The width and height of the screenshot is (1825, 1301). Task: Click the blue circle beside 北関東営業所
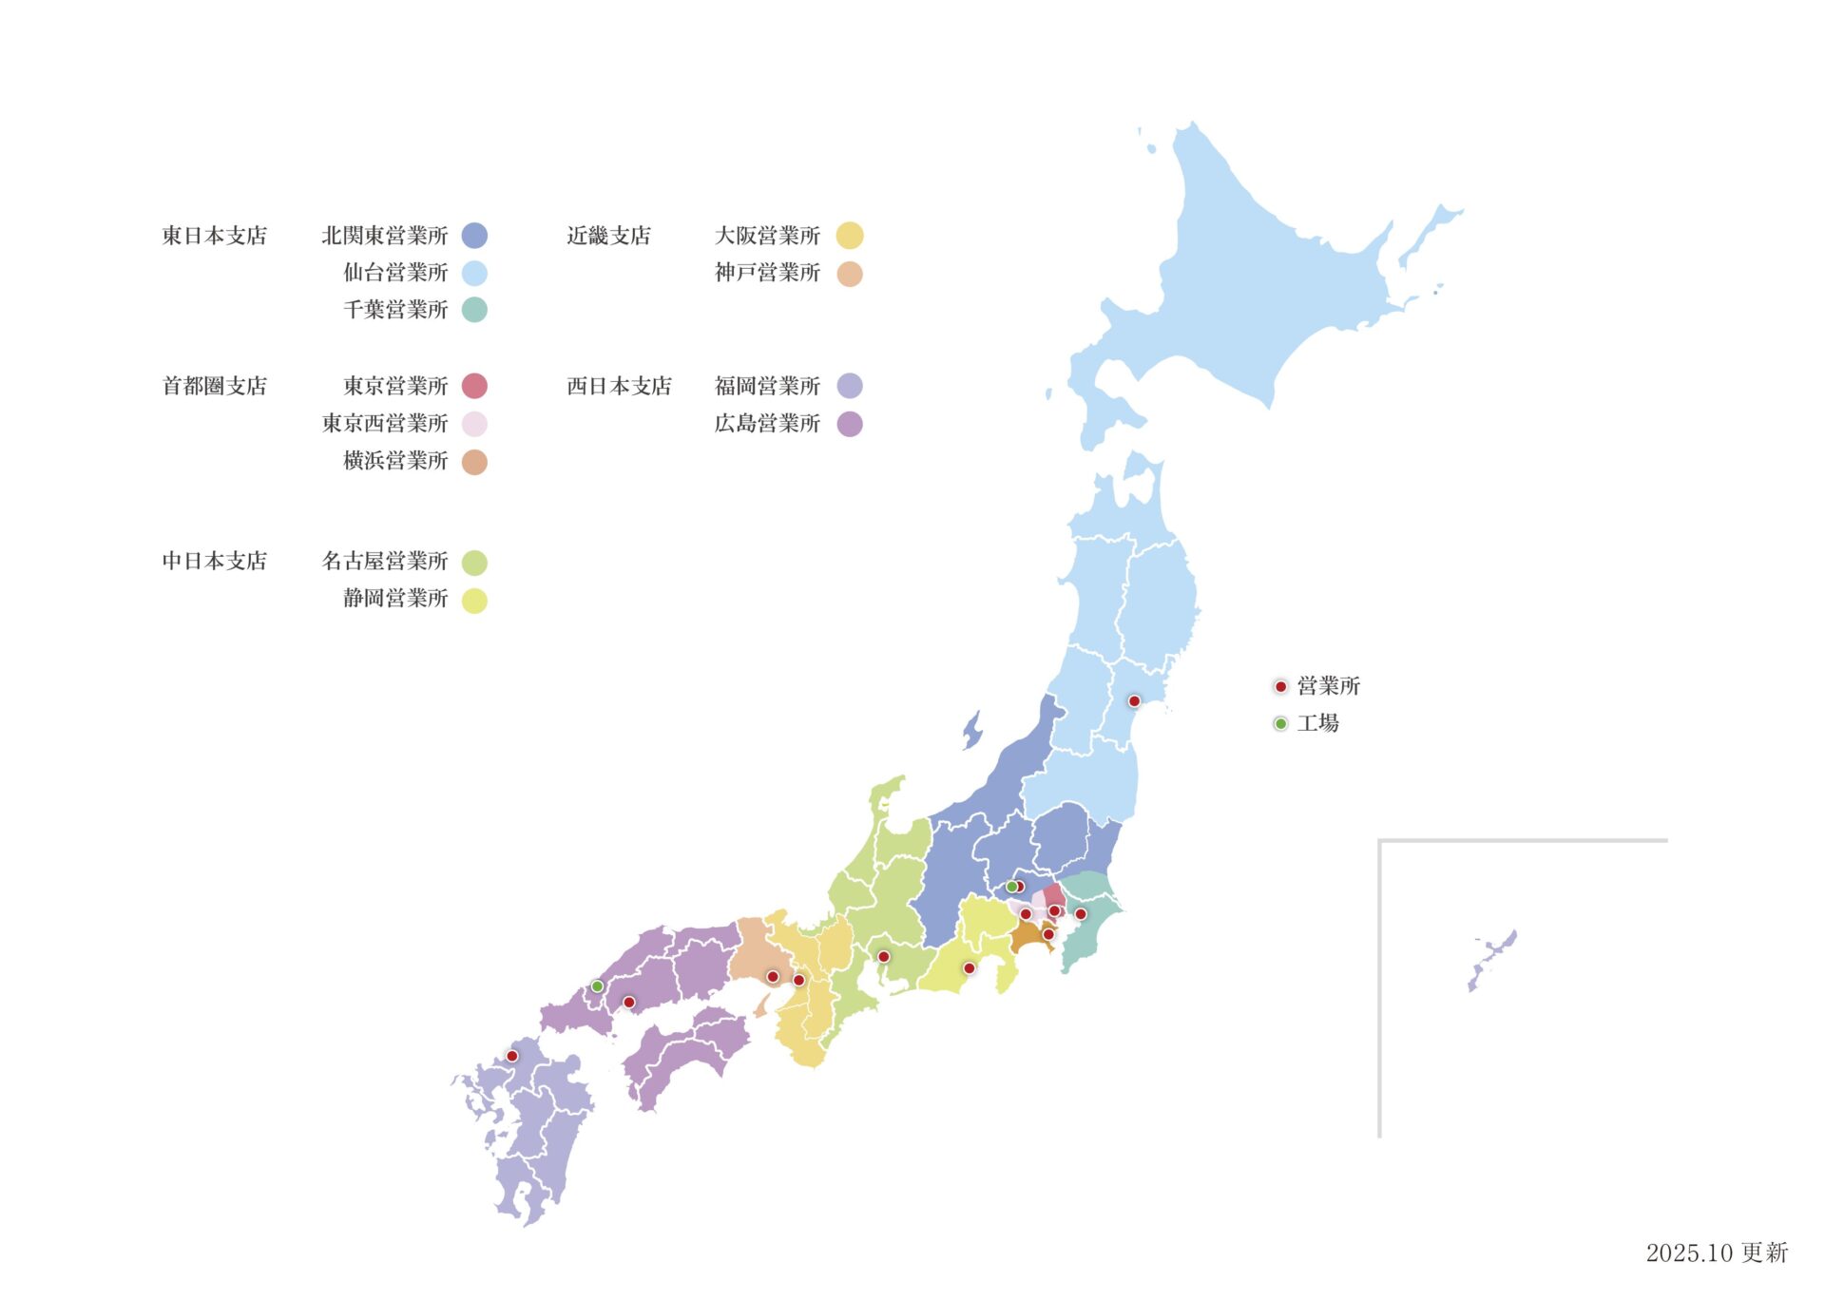[x=474, y=236]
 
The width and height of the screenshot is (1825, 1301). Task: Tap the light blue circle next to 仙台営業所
[x=474, y=274]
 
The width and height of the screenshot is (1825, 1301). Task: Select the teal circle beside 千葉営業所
[x=474, y=310]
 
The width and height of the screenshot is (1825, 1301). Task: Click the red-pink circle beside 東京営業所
[x=474, y=386]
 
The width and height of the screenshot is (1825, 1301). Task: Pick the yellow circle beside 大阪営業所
[x=850, y=236]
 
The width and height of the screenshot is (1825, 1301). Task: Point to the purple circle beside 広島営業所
[x=850, y=424]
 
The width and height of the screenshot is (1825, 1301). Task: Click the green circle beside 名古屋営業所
[x=474, y=563]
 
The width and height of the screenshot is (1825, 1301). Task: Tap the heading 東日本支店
[x=215, y=236]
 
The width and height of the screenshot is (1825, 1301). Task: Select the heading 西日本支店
[x=619, y=386]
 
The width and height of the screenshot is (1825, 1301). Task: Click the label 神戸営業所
[x=767, y=274]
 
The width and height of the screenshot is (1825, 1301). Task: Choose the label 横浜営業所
[x=395, y=461]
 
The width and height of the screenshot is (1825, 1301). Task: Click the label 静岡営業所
[x=395, y=599]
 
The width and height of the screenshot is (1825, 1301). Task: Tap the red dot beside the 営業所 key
[x=1280, y=686]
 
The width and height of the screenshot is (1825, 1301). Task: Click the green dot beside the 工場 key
[x=1280, y=724]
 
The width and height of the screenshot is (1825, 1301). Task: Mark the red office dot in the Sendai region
[x=1134, y=701]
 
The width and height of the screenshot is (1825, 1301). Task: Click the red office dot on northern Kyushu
[x=512, y=1056]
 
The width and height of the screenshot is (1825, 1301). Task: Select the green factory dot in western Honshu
[x=597, y=986]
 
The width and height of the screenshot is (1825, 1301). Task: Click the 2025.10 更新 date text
[x=1717, y=1253]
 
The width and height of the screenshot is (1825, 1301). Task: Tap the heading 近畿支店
[x=608, y=236]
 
